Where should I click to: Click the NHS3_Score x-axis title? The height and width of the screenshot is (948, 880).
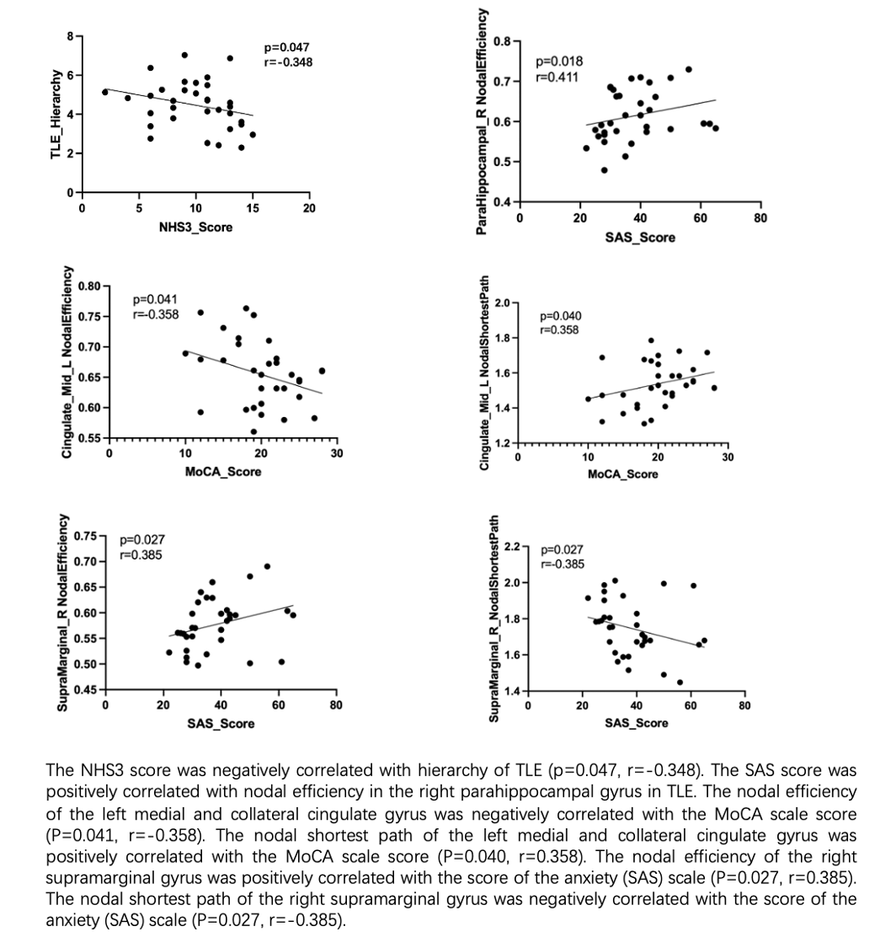195,227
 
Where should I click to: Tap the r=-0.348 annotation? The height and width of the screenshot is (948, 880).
288,62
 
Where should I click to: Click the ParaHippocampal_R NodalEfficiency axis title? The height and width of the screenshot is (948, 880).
482,121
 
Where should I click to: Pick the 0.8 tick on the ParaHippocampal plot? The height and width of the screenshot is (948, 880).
503,41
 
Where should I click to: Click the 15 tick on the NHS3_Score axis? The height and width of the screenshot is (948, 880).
253,209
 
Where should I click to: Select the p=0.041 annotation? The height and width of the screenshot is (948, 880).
156,298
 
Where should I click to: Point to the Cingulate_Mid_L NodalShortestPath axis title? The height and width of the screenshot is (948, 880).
483,373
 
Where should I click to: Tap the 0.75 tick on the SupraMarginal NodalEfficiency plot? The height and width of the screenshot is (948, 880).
84,536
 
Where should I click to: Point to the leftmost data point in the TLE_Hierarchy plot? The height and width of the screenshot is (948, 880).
105,92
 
